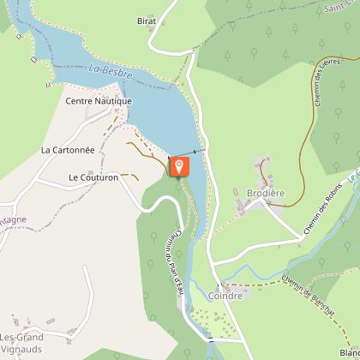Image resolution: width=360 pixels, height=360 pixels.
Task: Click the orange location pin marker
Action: (178, 165)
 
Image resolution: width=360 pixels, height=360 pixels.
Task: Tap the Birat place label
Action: (147, 20)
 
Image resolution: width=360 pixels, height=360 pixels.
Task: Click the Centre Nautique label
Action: (99, 101)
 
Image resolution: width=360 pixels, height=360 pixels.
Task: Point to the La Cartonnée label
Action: (69, 148)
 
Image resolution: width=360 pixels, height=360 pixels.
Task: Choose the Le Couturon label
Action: (93, 177)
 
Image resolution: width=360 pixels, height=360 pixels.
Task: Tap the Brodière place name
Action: (265, 194)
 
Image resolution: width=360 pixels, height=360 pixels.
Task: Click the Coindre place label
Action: (225, 296)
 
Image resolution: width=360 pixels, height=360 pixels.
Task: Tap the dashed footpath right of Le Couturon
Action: (129, 175)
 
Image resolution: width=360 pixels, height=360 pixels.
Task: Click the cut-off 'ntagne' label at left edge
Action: (13, 219)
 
